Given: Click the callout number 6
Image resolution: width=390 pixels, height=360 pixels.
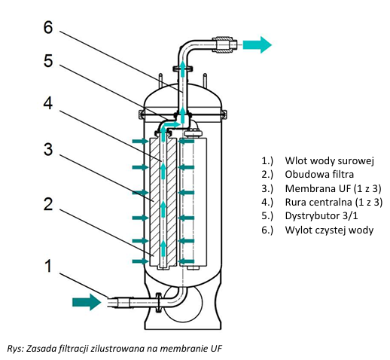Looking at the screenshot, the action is click(48, 27).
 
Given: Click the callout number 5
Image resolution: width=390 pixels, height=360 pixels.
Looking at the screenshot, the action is click(48, 61).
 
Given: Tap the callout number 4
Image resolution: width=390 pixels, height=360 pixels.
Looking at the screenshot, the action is click(48, 103).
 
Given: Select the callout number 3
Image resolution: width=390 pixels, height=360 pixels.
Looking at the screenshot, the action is click(48, 149).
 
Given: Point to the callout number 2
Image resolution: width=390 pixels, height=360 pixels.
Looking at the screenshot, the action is click(48, 204).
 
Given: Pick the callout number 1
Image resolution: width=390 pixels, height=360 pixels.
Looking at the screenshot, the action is click(48, 266).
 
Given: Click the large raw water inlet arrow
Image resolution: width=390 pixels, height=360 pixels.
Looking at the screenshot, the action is click(87, 302).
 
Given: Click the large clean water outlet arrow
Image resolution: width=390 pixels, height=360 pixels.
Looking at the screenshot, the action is click(257, 45).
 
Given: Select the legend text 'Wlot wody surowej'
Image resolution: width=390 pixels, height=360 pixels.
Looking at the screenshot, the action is click(329, 160).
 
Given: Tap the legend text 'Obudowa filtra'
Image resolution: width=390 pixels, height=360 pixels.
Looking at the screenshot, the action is click(319, 174).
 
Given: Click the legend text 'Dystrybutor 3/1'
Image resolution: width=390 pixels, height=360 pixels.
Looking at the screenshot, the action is click(321, 215).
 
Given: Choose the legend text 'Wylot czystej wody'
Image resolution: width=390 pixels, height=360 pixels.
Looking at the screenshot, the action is click(329, 230).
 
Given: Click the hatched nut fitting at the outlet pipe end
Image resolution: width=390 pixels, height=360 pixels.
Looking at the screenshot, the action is click(222, 45).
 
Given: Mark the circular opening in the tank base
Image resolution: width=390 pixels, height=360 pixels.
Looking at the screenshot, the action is click(183, 303).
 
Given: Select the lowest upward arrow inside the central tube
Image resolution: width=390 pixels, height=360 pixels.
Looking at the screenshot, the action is click(163, 249).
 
